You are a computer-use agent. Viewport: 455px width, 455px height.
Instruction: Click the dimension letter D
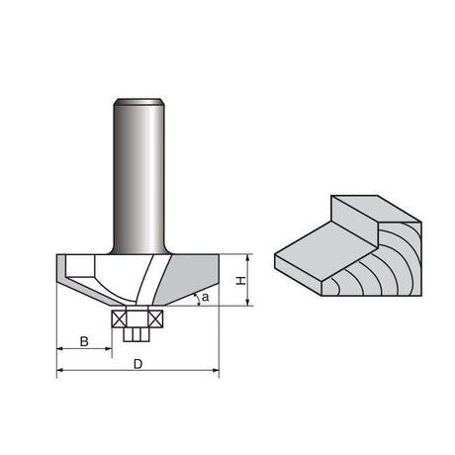[x=138, y=364]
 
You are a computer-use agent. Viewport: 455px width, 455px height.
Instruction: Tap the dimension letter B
[x=84, y=341]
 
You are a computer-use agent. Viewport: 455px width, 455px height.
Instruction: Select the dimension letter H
[x=241, y=280]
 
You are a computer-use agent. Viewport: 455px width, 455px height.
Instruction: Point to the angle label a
[x=206, y=298]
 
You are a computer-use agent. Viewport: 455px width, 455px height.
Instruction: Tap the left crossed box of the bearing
[x=119, y=318]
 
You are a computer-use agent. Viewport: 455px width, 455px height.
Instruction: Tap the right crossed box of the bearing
[x=155, y=318]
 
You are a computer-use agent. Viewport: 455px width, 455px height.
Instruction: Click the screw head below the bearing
[x=136, y=334]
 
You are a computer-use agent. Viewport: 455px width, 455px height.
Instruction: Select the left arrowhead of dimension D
[x=60, y=370]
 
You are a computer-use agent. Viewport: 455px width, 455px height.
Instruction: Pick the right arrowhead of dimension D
[x=216, y=370]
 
